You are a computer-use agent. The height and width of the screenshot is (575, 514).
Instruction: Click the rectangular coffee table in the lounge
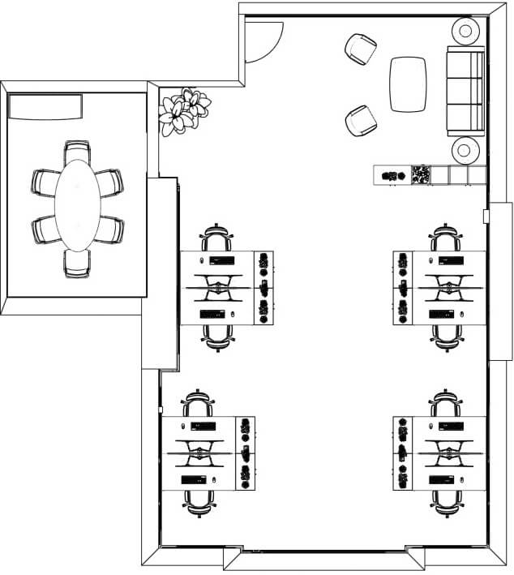(x=408, y=84)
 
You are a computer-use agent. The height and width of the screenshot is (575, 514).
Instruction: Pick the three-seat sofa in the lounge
(x=465, y=91)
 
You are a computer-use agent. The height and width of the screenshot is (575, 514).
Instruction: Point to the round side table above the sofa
(x=466, y=32)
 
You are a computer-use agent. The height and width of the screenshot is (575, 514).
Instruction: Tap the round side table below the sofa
(x=466, y=149)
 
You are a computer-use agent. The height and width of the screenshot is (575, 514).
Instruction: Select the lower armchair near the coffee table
(x=361, y=121)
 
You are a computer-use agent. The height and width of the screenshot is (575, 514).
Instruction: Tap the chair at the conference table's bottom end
(x=77, y=264)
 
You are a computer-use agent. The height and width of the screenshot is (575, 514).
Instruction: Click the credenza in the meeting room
(x=45, y=106)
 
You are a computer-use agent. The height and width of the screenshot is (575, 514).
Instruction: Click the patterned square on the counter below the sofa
(x=421, y=174)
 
